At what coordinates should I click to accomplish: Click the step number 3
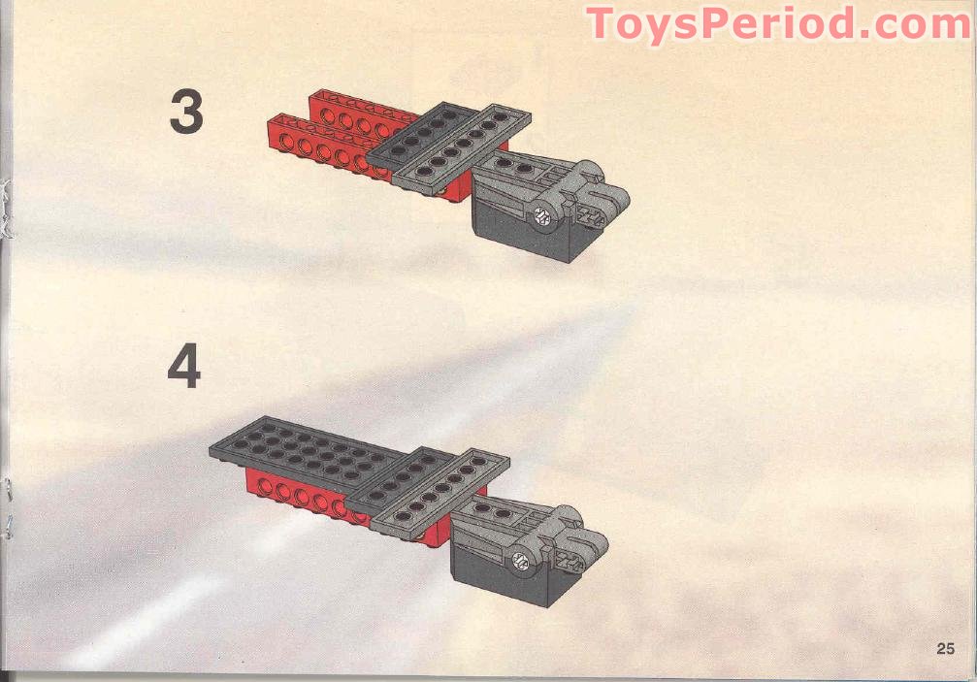click(186, 112)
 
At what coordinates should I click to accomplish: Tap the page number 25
click(946, 649)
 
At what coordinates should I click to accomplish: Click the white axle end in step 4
click(520, 560)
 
